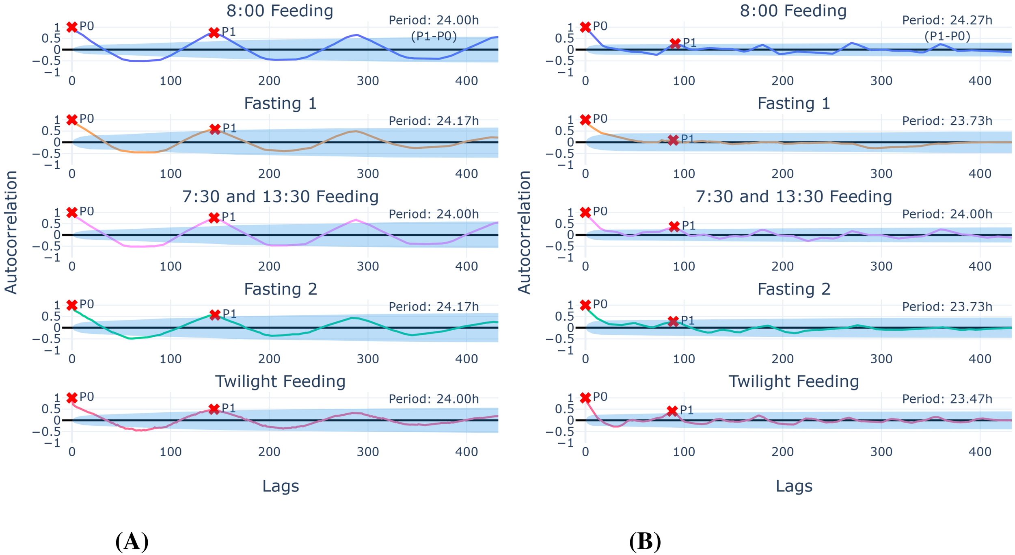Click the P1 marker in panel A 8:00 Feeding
click(x=214, y=33)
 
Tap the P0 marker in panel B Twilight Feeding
click(x=585, y=398)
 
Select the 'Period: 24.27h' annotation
click(x=947, y=20)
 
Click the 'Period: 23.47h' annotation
click(x=947, y=399)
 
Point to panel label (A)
click(x=132, y=542)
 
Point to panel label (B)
click(x=645, y=542)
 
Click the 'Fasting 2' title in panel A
click(x=280, y=289)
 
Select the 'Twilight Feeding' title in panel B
click(x=793, y=382)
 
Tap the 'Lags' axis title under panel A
click(x=281, y=486)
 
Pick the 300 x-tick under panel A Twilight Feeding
click(x=368, y=452)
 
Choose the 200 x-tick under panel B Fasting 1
click(x=782, y=174)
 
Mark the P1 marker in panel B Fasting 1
click(x=673, y=140)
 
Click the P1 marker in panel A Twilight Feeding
click(x=214, y=409)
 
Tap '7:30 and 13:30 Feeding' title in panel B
click(x=793, y=197)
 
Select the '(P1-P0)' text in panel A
click(x=434, y=37)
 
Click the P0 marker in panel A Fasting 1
click(x=72, y=120)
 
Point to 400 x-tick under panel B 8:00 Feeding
click(x=980, y=81)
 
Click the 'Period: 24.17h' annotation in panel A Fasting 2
click(x=434, y=307)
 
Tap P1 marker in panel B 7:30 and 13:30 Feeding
click(x=674, y=226)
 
